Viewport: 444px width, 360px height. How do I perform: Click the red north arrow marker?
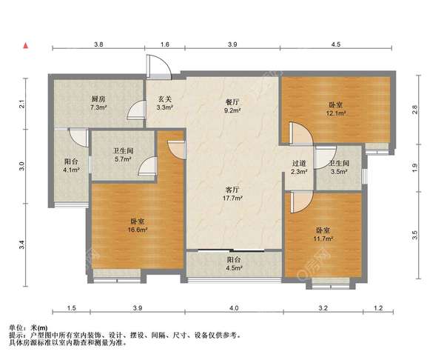coord(26,45)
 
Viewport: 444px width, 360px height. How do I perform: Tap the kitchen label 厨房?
coord(98,99)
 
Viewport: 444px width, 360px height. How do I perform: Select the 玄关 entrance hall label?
coord(165,99)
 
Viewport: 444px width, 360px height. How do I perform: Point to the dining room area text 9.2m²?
coord(232,110)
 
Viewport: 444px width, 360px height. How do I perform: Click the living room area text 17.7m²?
coord(232,198)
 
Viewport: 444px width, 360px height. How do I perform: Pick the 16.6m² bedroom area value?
coord(138,230)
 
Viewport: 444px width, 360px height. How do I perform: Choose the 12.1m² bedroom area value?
coord(336,113)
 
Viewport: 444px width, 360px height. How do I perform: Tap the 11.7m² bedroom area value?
coord(323,239)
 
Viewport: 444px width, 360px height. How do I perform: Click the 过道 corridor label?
coord(299,164)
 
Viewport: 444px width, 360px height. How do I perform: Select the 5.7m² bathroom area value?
coord(123,159)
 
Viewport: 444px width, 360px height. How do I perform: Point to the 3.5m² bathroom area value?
coord(339,172)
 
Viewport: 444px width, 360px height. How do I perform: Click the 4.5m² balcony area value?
coord(234,268)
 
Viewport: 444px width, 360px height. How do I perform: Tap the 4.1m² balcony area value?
coord(71,170)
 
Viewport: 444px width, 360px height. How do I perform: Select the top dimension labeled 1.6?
coord(165,44)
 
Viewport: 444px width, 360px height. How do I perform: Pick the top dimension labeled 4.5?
coord(336,44)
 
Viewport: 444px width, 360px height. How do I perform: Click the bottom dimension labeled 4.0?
coord(234,308)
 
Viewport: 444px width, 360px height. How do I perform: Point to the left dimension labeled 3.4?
coord(22,245)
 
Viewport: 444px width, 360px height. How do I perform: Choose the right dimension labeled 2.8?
coord(414,110)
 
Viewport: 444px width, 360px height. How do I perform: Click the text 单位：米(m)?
coord(29,327)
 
